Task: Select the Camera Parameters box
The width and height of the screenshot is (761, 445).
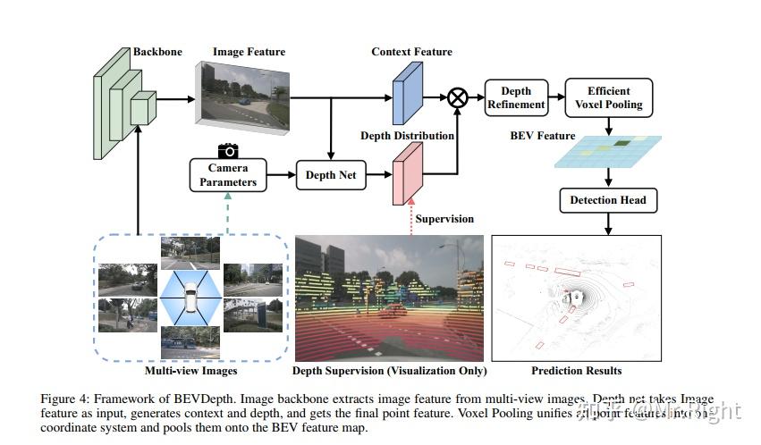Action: (x=228, y=175)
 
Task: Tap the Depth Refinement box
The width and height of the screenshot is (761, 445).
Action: (x=516, y=97)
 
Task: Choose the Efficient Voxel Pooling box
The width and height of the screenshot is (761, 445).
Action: (x=609, y=97)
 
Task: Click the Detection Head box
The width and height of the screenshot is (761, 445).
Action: (x=608, y=200)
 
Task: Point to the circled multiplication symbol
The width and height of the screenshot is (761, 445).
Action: (x=457, y=97)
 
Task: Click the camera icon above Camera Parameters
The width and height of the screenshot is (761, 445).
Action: (x=228, y=150)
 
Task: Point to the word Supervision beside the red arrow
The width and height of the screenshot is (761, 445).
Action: (x=444, y=219)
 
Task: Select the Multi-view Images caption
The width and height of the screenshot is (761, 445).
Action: (x=190, y=370)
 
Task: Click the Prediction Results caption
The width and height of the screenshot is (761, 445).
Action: (x=577, y=370)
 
